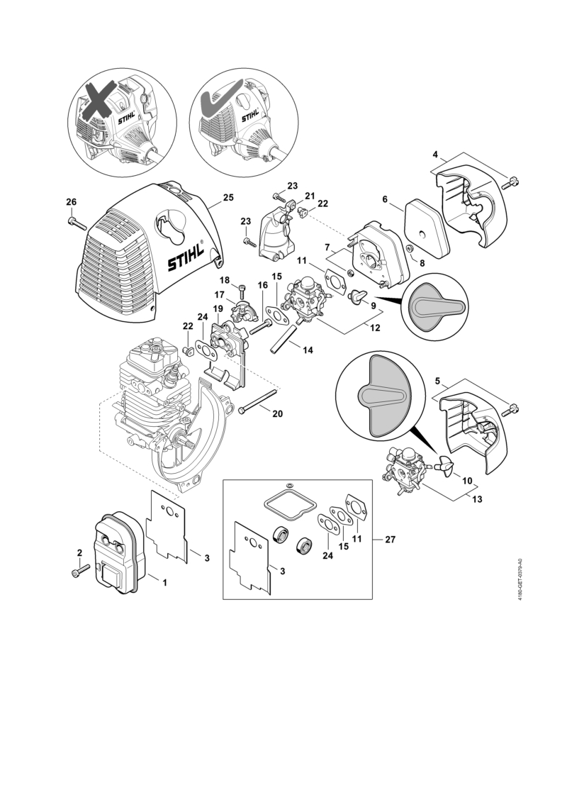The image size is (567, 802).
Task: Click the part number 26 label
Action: [x=72, y=203]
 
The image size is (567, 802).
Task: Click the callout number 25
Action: [x=228, y=197]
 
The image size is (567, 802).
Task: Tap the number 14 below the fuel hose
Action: [x=308, y=350]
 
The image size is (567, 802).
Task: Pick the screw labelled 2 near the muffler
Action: [x=81, y=571]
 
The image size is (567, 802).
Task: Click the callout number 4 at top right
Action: [x=435, y=154]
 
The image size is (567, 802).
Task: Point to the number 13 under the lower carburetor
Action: [x=476, y=499]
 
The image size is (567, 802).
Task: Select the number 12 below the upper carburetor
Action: [x=375, y=328]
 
